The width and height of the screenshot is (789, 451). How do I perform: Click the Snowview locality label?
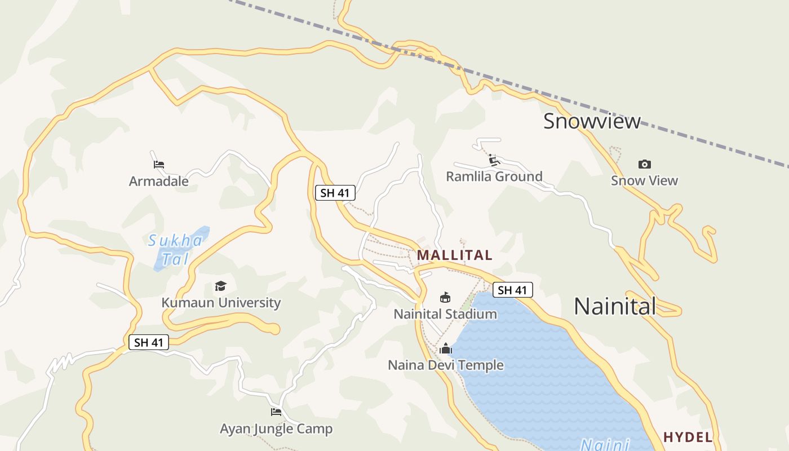point(592,121)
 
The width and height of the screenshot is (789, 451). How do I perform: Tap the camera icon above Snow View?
point(645,164)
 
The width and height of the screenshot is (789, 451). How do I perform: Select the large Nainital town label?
point(615,306)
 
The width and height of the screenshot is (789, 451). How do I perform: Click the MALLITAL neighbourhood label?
point(454,255)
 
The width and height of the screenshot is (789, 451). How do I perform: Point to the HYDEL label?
point(688,437)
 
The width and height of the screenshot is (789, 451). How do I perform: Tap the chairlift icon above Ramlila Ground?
point(494,160)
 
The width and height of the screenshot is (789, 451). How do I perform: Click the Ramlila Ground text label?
point(494,176)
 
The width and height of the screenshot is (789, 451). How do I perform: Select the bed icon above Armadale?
point(159,165)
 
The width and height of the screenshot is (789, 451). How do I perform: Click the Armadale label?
point(159,181)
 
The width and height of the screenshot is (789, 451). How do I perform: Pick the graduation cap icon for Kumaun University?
point(220,286)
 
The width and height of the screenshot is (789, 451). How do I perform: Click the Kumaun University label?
point(221,303)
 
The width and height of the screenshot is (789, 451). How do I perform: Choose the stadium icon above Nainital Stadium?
point(445,297)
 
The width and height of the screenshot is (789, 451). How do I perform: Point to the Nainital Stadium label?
point(445,314)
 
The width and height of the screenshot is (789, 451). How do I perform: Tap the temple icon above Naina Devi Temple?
point(446,348)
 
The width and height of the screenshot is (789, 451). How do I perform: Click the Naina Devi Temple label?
point(446,365)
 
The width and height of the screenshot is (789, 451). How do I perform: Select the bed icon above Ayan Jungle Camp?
point(276,412)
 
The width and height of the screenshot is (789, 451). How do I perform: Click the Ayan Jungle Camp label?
point(276,429)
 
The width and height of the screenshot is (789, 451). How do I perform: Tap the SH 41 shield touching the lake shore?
point(512,290)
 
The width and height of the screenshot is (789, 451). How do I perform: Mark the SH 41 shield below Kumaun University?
point(149,342)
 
